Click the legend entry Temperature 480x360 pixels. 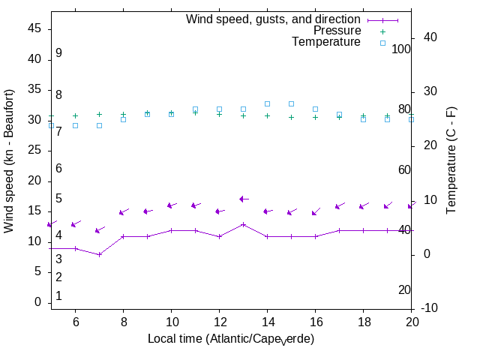[326, 42]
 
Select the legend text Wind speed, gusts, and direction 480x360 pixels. [274, 19]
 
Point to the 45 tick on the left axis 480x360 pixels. [34, 28]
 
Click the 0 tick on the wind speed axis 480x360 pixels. [37, 302]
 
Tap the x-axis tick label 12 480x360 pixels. [219, 322]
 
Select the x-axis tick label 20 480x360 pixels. [411, 322]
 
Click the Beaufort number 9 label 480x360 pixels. [58, 53]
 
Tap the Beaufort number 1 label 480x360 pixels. [58, 296]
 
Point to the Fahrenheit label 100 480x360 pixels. [401, 49]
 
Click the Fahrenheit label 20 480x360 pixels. [404, 289]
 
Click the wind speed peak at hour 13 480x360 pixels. [243, 224]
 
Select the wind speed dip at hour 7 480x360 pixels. [99, 254]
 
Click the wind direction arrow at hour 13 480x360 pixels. [243, 199]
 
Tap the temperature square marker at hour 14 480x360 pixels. [267, 103]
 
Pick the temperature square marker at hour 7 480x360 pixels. [99, 125]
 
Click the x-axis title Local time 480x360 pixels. [230, 339]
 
